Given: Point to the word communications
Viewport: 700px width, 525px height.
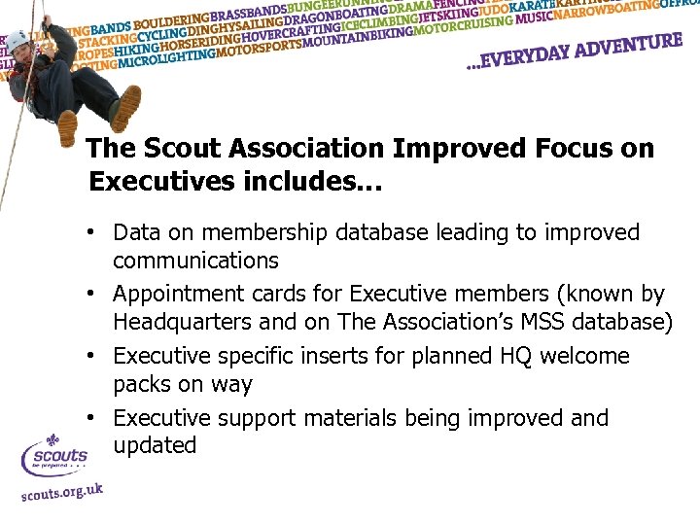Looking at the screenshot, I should [195, 261].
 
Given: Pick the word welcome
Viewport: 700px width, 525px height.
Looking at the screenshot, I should [584, 356].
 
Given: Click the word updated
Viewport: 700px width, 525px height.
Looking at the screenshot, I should [155, 445].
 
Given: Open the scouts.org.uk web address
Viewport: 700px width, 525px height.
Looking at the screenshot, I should [61, 492].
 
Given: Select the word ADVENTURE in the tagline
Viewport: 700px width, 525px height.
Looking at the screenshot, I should [622, 46].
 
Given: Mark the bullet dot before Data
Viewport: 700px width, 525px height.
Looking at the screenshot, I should [88, 233].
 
